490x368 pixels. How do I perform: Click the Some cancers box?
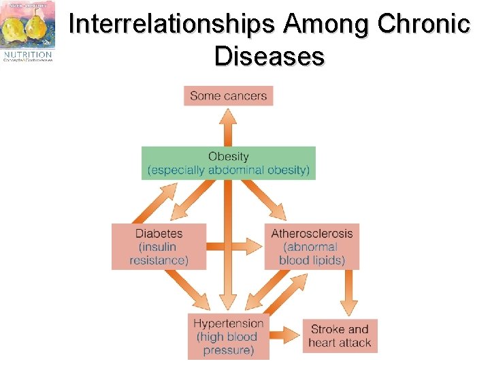[228, 95]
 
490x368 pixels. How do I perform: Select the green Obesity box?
[229, 163]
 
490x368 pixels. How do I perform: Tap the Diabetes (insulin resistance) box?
[159, 246]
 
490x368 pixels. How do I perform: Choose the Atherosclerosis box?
[312, 246]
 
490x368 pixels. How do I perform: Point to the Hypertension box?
[228, 336]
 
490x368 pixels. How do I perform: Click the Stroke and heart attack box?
[339, 335]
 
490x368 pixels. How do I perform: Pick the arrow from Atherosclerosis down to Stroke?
[348, 293]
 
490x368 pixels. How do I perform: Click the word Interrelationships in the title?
[173, 25]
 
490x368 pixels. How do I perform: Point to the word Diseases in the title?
[269, 56]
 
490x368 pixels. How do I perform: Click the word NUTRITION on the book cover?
[27, 54]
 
